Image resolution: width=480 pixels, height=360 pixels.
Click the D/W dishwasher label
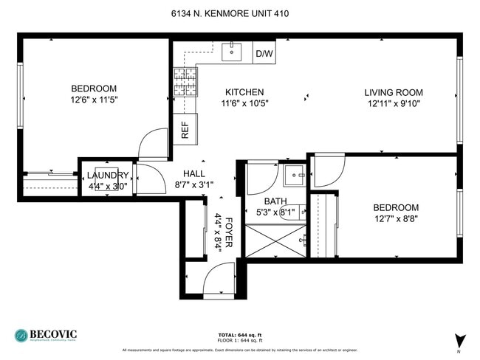[x=264, y=54]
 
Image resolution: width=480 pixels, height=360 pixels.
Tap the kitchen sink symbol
[x=234, y=52]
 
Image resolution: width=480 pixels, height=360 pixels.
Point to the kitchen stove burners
[x=185, y=81]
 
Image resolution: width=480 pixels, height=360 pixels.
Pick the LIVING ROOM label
[x=393, y=92]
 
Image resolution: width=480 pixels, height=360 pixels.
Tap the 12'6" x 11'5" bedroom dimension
[x=95, y=99]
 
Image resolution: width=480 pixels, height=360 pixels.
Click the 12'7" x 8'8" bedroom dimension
[x=395, y=219]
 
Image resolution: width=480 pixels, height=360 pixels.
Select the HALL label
[x=193, y=173]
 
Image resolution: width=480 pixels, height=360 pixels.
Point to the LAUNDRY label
[x=108, y=176]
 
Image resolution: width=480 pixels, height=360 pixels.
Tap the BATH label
[x=275, y=201]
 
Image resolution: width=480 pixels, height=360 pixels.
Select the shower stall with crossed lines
[x=274, y=240]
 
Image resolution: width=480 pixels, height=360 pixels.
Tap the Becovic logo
[x=45, y=335]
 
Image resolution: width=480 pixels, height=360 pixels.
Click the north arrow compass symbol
[x=461, y=341]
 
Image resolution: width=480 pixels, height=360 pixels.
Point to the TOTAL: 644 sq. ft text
[x=240, y=333]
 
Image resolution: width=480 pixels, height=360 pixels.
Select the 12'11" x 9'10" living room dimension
[x=393, y=104]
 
